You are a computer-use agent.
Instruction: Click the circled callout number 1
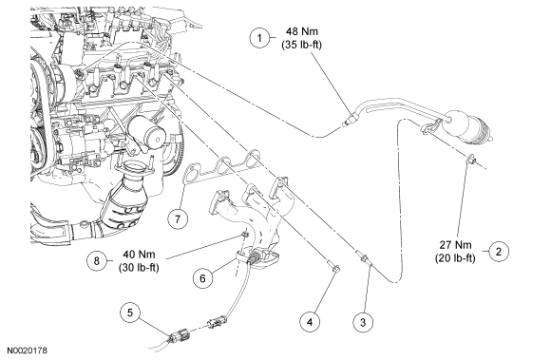tap(259, 37)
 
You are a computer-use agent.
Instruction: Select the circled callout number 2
tap(499, 251)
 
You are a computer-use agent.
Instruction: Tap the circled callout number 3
tap(363, 322)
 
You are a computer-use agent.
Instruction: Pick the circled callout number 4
tap(310, 321)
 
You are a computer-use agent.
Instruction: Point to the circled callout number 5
tap(130, 313)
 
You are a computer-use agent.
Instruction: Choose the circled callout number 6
tap(202, 277)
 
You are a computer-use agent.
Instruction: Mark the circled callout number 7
tap(178, 219)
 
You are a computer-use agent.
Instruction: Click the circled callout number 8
tap(97, 260)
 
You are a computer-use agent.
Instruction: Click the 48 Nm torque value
tap(301, 31)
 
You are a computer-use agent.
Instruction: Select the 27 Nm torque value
tap(455, 244)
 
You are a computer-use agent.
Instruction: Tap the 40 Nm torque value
tap(139, 254)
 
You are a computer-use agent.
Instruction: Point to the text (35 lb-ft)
tap(301, 45)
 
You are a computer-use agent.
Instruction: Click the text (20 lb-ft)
tap(455, 258)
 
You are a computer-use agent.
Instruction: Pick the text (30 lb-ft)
tap(139, 268)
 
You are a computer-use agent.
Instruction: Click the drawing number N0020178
tap(28, 351)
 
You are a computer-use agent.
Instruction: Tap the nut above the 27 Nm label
tap(471, 159)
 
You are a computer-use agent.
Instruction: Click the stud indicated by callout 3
tap(362, 256)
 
